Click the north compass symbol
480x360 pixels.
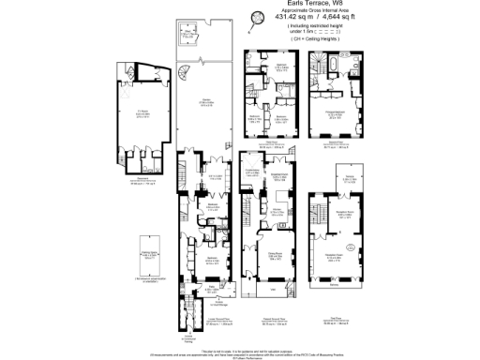pos(256,17)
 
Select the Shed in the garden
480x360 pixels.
pos(190,37)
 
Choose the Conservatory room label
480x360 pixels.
pos(251,172)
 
